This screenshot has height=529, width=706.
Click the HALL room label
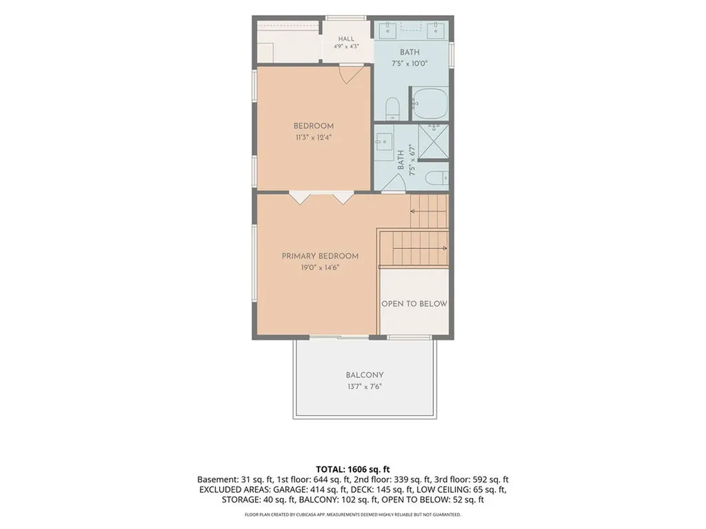346,39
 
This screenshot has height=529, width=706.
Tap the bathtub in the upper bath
430,103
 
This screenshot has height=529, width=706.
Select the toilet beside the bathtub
392,108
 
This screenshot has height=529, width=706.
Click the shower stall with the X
433,141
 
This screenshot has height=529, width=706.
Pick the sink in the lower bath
383,143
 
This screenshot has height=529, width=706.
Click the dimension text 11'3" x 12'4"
314,138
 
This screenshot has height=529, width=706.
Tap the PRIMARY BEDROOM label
320,256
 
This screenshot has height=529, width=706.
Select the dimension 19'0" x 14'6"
320,268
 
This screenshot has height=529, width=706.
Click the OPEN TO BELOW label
414,304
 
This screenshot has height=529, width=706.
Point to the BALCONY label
365,375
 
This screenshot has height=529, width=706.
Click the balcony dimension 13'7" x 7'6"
365,386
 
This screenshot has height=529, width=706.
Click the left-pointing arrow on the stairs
428,211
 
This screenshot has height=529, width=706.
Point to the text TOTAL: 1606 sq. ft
352,470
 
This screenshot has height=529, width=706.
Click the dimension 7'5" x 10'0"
410,63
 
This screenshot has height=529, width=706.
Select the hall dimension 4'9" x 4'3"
346,46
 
